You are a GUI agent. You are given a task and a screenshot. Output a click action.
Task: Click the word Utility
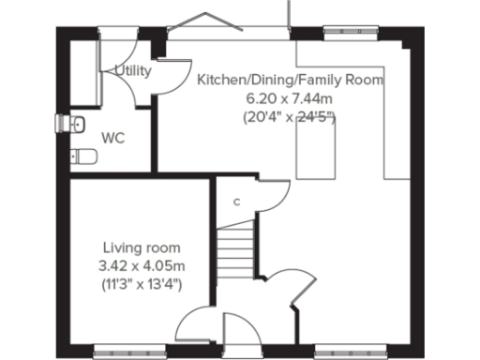(x=133, y=70)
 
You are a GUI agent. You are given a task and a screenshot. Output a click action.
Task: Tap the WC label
(x=113, y=138)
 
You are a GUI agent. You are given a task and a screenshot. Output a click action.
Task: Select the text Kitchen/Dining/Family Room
(x=290, y=81)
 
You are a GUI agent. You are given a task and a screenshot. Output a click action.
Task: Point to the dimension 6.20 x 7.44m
(x=290, y=98)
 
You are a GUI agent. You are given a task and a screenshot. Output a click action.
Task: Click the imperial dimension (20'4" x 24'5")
(x=290, y=117)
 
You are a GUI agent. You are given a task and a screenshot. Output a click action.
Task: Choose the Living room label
(x=141, y=247)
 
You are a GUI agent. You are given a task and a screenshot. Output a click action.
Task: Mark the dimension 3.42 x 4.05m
(x=141, y=265)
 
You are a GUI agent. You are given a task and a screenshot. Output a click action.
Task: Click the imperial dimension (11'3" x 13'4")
(x=141, y=283)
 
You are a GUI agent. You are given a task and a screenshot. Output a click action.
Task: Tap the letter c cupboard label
(x=236, y=202)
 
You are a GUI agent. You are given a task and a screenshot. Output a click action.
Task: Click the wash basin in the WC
(x=75, y=123)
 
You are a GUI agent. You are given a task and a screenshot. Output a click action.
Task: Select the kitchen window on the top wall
(x=352, y=37)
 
